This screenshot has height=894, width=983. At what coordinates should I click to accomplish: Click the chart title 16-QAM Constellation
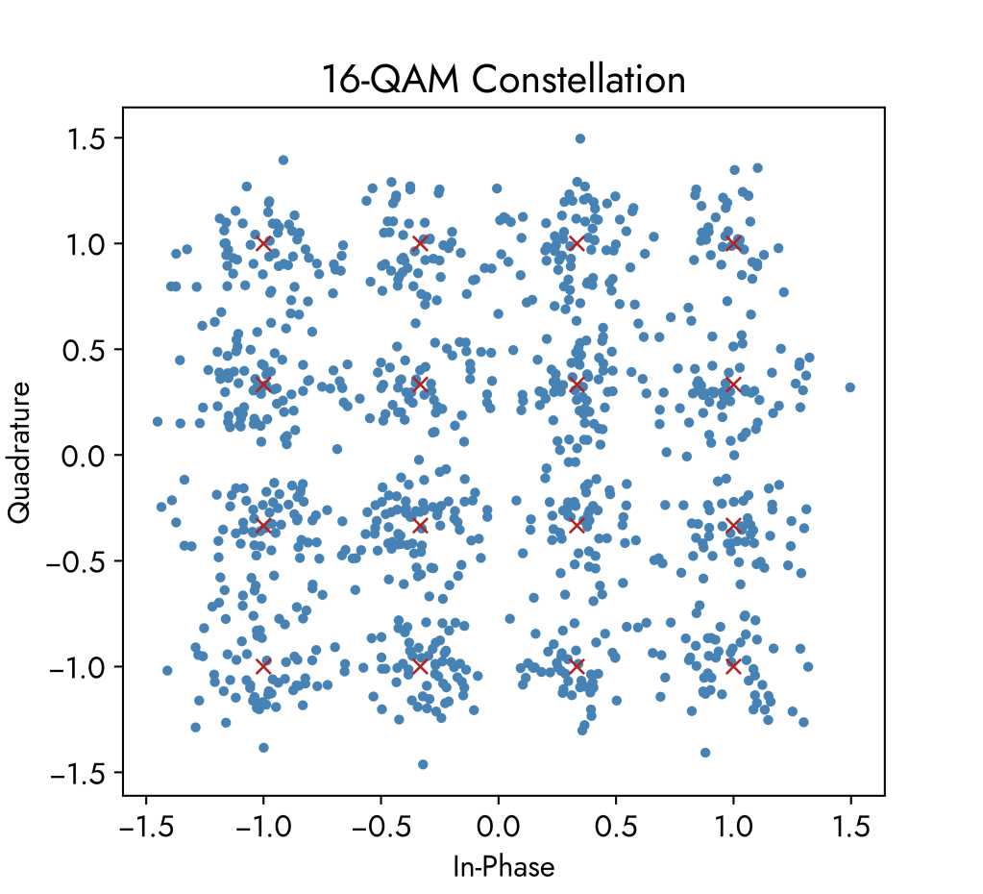click(x=504, y=80)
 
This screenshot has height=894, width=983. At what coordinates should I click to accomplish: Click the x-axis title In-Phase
click(x=504, y=867)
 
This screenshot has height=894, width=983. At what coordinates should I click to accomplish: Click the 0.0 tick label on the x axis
click(x=498, y=828)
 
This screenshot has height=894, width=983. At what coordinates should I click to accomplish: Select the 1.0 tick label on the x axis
click(x=733, y=828)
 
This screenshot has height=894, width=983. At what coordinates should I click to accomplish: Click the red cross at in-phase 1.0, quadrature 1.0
click(x=733, y=243)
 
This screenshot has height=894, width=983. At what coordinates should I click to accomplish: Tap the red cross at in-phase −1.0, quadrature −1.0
click(x=263, y=666)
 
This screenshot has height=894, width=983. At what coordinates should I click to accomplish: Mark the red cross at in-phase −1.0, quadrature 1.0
click(x=263, y=243)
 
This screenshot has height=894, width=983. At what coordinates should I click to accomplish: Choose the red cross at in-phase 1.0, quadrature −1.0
click(x=733, y=666)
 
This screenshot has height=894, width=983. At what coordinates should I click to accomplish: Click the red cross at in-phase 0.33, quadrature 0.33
click(x=577, y=385)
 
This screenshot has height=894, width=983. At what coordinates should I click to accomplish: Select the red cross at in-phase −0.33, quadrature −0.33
click(x=420, y=525)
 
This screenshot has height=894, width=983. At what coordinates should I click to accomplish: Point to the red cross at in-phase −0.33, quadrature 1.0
click(x=420, y=243)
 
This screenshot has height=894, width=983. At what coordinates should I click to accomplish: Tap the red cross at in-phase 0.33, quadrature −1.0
click(x=577, y=666)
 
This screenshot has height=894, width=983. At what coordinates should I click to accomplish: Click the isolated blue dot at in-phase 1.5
click(x=849, y=387)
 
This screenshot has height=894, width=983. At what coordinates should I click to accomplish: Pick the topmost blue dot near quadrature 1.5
click(x=580, y=138)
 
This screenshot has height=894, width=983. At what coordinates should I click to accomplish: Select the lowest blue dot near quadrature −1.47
click(x=423, y=764)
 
